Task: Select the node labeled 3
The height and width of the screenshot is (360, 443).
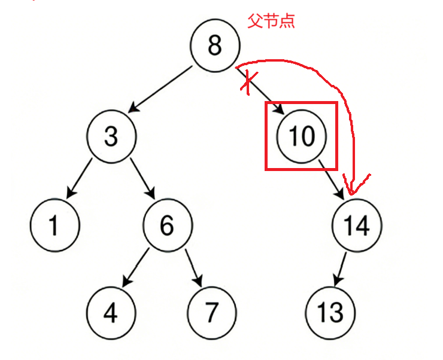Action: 111,136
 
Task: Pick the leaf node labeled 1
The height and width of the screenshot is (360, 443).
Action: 54,226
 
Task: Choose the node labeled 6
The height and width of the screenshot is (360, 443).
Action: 167,225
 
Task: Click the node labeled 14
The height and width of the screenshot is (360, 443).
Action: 357,225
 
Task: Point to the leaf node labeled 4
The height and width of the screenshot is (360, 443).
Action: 111,312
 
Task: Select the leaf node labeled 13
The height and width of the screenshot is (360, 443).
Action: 330,312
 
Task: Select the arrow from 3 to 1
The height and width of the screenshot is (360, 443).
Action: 78,178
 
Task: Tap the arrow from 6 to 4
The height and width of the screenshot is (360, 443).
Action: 136,266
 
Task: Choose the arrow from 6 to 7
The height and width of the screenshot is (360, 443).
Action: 193,266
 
